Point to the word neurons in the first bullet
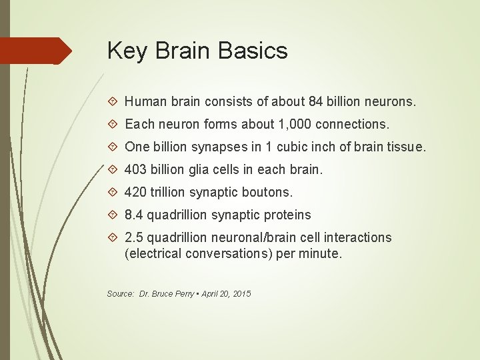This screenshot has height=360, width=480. tap(393, 102)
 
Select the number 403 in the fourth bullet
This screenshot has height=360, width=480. tap(135, 169)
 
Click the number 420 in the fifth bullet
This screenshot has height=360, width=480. tap(135, 192)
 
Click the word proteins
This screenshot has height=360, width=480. tap(289, 215)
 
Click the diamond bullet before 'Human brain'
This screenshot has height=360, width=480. tap(113, 103)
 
